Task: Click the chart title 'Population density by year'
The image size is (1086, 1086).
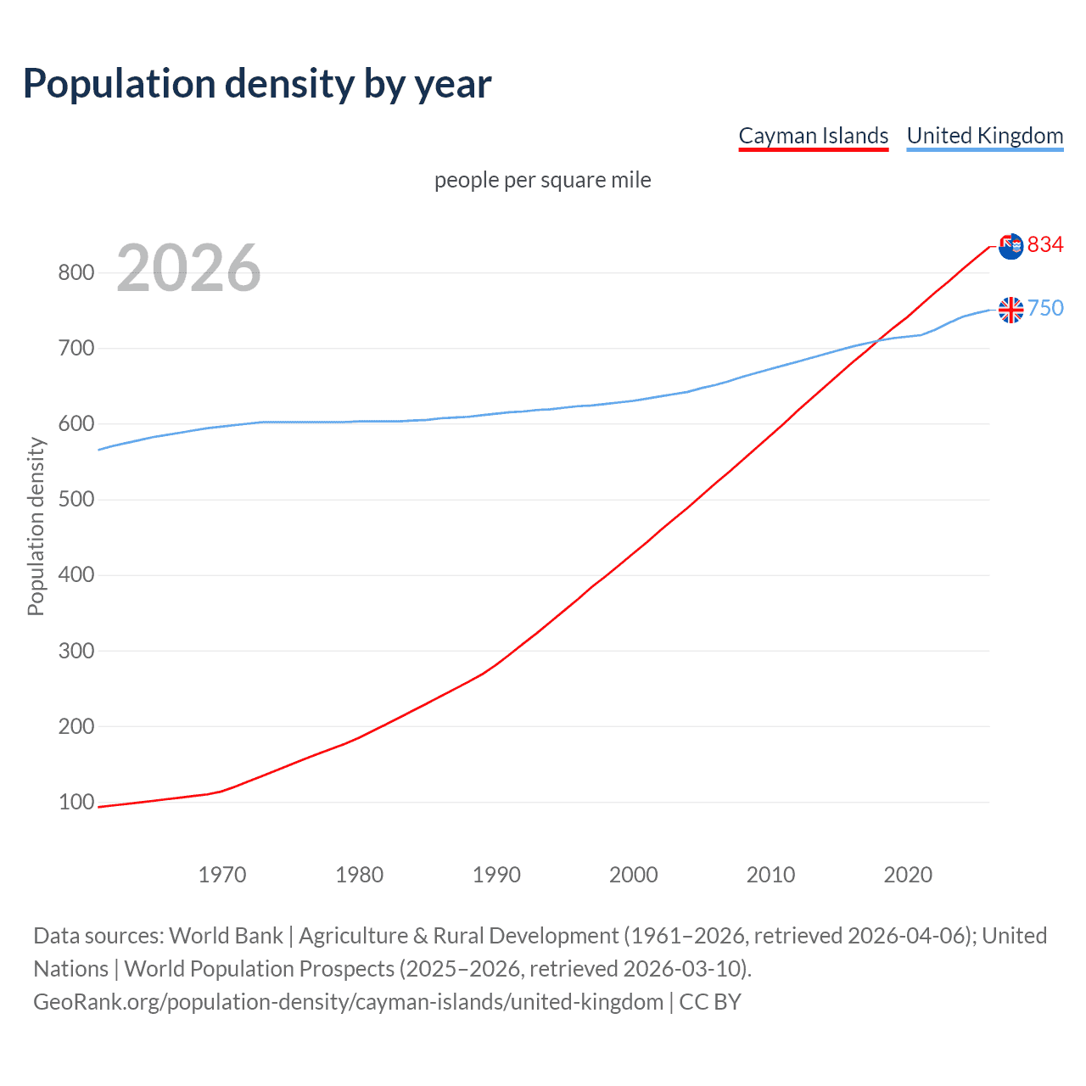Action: click(257, 84)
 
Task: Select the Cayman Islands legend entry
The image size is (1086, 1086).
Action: click(813, 136)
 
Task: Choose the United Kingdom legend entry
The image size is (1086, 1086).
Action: click(984, 136)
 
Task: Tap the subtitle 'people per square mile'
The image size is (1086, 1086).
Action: click(542, 180)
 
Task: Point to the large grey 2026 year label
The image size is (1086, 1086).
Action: click(188, 268)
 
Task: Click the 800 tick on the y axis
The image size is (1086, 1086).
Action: click(76, 272)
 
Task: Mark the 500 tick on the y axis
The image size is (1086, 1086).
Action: click(76, 499)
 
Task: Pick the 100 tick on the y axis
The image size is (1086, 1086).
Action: click(76, 802)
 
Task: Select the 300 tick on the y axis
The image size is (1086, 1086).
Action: click(76, 651)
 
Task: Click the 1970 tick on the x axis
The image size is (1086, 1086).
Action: click(222, 874)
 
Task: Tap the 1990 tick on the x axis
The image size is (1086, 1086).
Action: click(496, 874)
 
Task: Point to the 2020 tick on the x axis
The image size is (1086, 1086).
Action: click(908, 874)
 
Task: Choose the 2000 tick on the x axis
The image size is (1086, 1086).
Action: click(634, 874)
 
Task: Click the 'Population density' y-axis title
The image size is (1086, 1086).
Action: click(36, 526)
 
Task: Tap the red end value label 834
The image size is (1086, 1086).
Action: click(1045, 245)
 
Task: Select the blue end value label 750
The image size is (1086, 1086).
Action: click(1045, 308)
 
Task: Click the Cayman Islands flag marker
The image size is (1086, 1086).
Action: click(1010, 246)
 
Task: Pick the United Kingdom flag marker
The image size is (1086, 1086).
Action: click(1010, 310)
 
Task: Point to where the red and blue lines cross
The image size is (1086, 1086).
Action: click(876, 341)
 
